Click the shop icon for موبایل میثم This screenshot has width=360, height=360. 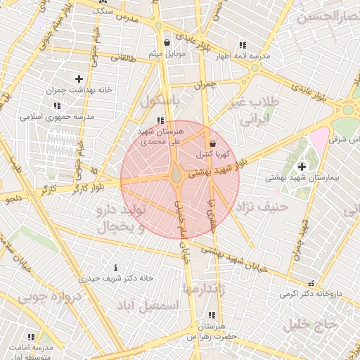tap(167, 43)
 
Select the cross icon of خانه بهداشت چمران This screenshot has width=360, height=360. tap(78, 79)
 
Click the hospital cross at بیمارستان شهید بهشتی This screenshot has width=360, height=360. tap(302, 167)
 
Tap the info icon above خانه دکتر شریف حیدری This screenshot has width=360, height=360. tap(115, 268)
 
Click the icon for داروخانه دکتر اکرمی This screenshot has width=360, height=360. tap(311, 284)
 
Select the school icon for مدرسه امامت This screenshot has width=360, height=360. tap(30, 337)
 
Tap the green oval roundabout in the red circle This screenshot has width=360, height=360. tap(176, 174)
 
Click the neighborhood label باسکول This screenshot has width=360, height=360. tap(160, 101)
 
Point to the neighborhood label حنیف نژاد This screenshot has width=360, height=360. tap(264, 207)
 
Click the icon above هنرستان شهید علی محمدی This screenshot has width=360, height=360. tap(161, 120)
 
